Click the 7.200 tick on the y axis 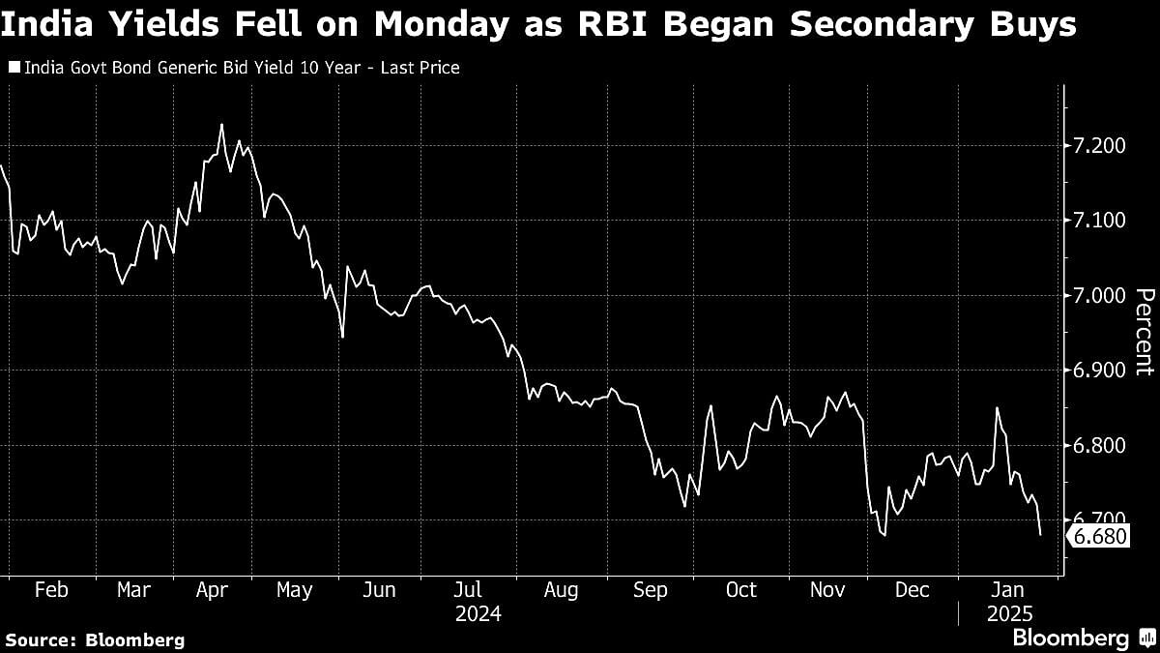coord(1099,146)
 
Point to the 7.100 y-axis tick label coord(1099,221)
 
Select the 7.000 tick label coord(1099,296)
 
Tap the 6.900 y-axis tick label coord(1099,371)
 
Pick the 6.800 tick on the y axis coord(1099,446)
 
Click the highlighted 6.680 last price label coord(1100,535)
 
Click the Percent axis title coord(1143,332)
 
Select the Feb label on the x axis coord(50,590)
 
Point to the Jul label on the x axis coord(468,590)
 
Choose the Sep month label coord(651,590)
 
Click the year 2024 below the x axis coord(478,613)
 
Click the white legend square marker coord(14,68)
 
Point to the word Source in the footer coord(38,639)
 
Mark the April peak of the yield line coord(221,124)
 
